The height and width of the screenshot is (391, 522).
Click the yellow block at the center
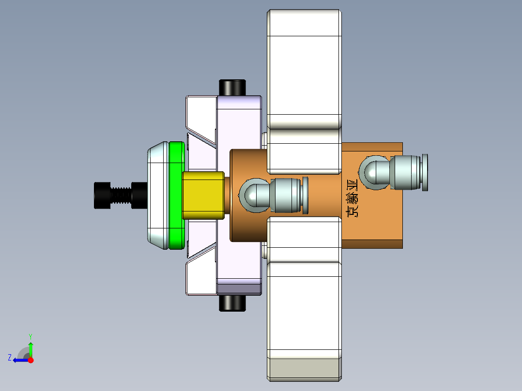pos(202,195)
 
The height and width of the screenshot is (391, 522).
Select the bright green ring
pos(177,195)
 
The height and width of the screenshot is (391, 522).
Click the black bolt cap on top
pos(232,88)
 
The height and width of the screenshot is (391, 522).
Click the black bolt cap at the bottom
pos(232,303)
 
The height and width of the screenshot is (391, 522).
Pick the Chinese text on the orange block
pos(353,198)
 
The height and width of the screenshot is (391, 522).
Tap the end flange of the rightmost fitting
pos(425,173)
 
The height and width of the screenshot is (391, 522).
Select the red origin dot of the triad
pos(31,360)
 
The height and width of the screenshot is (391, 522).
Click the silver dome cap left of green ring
pos(158,195)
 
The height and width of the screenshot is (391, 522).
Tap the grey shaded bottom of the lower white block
pos(304,368)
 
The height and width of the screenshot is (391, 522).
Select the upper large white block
pos(304,68)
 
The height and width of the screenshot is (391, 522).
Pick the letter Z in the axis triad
pos(10,358)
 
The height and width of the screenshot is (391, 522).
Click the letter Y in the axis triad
pos(31,336)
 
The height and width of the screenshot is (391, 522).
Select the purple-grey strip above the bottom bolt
pos(239,289)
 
